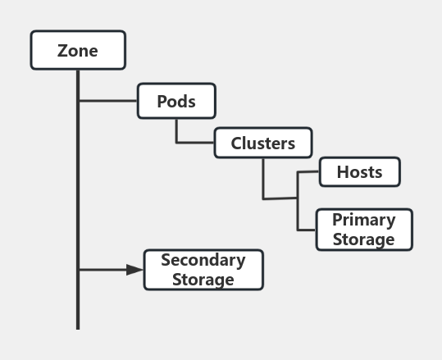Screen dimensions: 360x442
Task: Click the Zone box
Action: point(78,50)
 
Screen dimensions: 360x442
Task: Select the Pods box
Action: point(176,101)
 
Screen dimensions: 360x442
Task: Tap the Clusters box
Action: point(263,143)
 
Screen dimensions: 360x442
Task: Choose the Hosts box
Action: point(359,172)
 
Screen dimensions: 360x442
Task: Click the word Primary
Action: point(363,220)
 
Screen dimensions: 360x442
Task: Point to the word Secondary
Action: point(203,260)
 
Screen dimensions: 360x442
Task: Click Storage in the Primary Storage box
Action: point(363,239)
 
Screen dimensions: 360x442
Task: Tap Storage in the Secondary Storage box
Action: point(203,280)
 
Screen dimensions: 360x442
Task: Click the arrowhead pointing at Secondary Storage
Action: point(135,270)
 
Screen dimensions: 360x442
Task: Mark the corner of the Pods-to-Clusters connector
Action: point(176,143)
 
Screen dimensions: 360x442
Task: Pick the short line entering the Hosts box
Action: point(308,172)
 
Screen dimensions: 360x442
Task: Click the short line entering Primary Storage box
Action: point(307,230)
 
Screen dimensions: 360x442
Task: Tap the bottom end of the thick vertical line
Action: point(78,327)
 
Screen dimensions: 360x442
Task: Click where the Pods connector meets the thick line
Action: point(78,101)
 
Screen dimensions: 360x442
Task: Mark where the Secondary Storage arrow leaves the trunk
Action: point(78,270)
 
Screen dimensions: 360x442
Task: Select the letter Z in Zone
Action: point(62,51)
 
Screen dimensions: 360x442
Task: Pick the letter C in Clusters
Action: point(237,144)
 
